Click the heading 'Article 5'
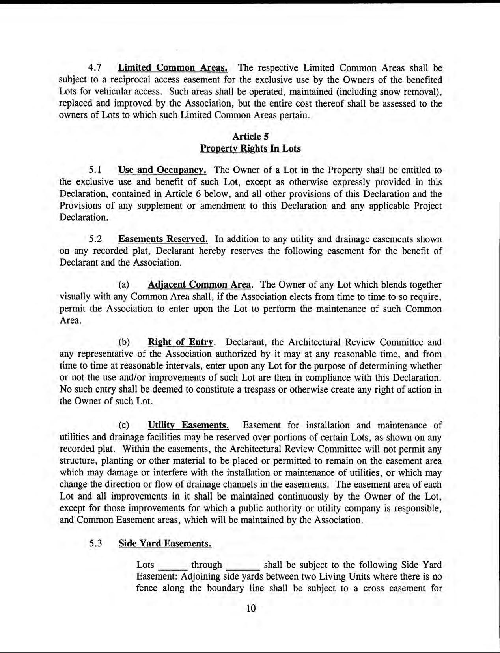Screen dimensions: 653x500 [250, 137]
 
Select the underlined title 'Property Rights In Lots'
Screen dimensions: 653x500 [250, 148]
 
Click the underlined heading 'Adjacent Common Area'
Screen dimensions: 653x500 [199, 285]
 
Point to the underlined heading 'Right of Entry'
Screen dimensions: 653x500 [181, 342]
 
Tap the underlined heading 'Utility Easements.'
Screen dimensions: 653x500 [188, 425]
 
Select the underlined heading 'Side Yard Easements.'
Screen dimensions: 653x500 [165, 543]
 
